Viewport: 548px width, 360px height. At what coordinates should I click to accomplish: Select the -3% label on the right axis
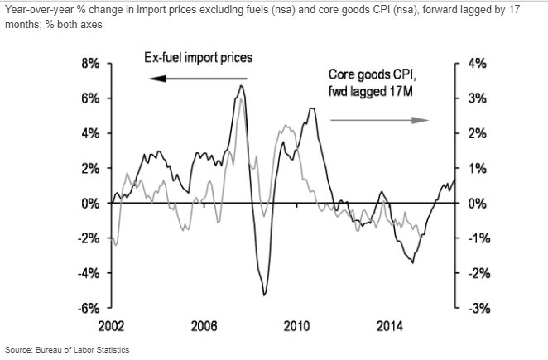(x=478, y=308)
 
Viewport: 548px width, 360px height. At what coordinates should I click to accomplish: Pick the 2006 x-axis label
(x=204, y=324)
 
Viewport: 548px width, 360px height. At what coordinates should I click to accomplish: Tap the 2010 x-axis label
(x=296, y=324)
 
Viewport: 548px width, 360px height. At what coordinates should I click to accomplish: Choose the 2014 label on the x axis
(x=389, y=324)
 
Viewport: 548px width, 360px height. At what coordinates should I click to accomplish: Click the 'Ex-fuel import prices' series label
(x=195, y=58)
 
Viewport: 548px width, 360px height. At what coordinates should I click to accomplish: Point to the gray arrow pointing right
(x=380, y=119)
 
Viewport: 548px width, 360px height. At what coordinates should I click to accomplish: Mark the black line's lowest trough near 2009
(x=264, y=295)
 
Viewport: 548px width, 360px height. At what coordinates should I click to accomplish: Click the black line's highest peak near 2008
(x=241, y=85)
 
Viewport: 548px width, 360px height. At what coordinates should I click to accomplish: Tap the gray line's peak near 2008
(x=241, y=99)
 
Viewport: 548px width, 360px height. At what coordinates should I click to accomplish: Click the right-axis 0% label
(x=479, y=204)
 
